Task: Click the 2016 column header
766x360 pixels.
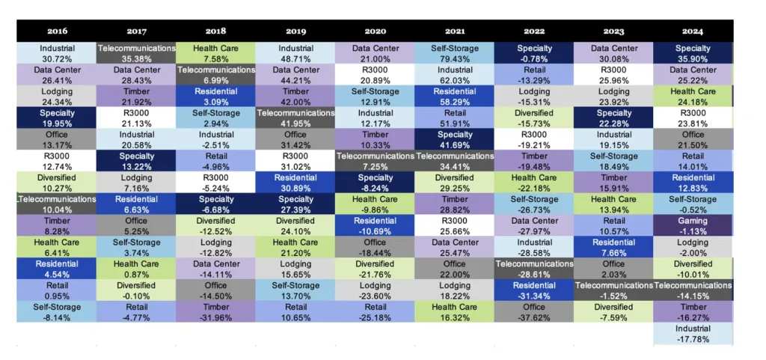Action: pos(57,31)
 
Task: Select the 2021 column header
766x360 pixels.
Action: pos(454,31)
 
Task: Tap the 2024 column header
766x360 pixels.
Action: pos(693,31)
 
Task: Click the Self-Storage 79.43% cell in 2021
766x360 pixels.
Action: pos(454,53)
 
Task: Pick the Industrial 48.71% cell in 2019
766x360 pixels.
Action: pos(295,53)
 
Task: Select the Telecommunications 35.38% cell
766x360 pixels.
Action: pos(136,53)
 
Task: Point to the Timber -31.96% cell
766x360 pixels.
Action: pos(215,312)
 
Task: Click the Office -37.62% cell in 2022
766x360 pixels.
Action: pos(534,312)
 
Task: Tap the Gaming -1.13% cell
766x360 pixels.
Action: pos(693,226)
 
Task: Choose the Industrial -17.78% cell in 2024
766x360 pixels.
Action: pos(693,334)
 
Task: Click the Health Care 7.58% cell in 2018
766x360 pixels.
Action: pos(215,53)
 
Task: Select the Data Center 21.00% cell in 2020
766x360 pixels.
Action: pos(375,53)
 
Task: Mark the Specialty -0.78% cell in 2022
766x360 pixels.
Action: pos(534,53)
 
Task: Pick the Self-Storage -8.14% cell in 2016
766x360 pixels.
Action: pos(57,312)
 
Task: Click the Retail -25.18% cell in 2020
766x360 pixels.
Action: pos(375,312)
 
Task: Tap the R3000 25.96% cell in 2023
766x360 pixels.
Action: pos(613,75)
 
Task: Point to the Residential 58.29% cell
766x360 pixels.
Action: pos(454,97)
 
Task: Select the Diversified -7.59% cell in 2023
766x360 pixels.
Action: pos(613,312)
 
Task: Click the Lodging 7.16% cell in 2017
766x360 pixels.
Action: pos(136,183)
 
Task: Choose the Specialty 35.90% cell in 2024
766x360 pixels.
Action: pos(693,53)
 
